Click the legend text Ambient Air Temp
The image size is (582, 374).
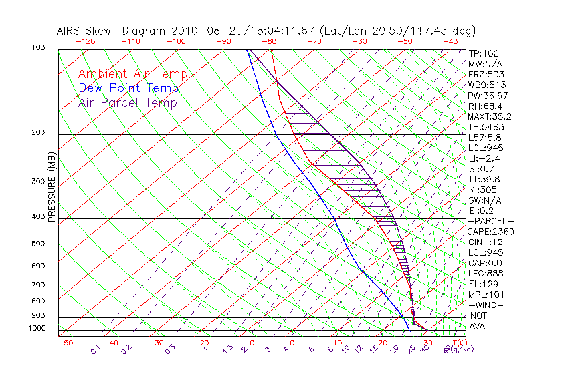pos(132,74)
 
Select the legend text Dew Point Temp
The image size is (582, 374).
pos(128,88)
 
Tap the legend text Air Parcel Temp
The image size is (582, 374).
pos(127,102)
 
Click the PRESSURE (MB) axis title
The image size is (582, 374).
pos(52,188)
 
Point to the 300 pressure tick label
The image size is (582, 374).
pos(39,182)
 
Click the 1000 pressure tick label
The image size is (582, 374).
pos(37,328)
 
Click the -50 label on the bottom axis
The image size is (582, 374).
pos(65,343)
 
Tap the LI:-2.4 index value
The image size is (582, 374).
pos(484,158)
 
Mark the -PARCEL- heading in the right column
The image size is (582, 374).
pos(490,221)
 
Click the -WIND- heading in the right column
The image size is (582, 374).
pos(486,305)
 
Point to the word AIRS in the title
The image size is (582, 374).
pos(70,31)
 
